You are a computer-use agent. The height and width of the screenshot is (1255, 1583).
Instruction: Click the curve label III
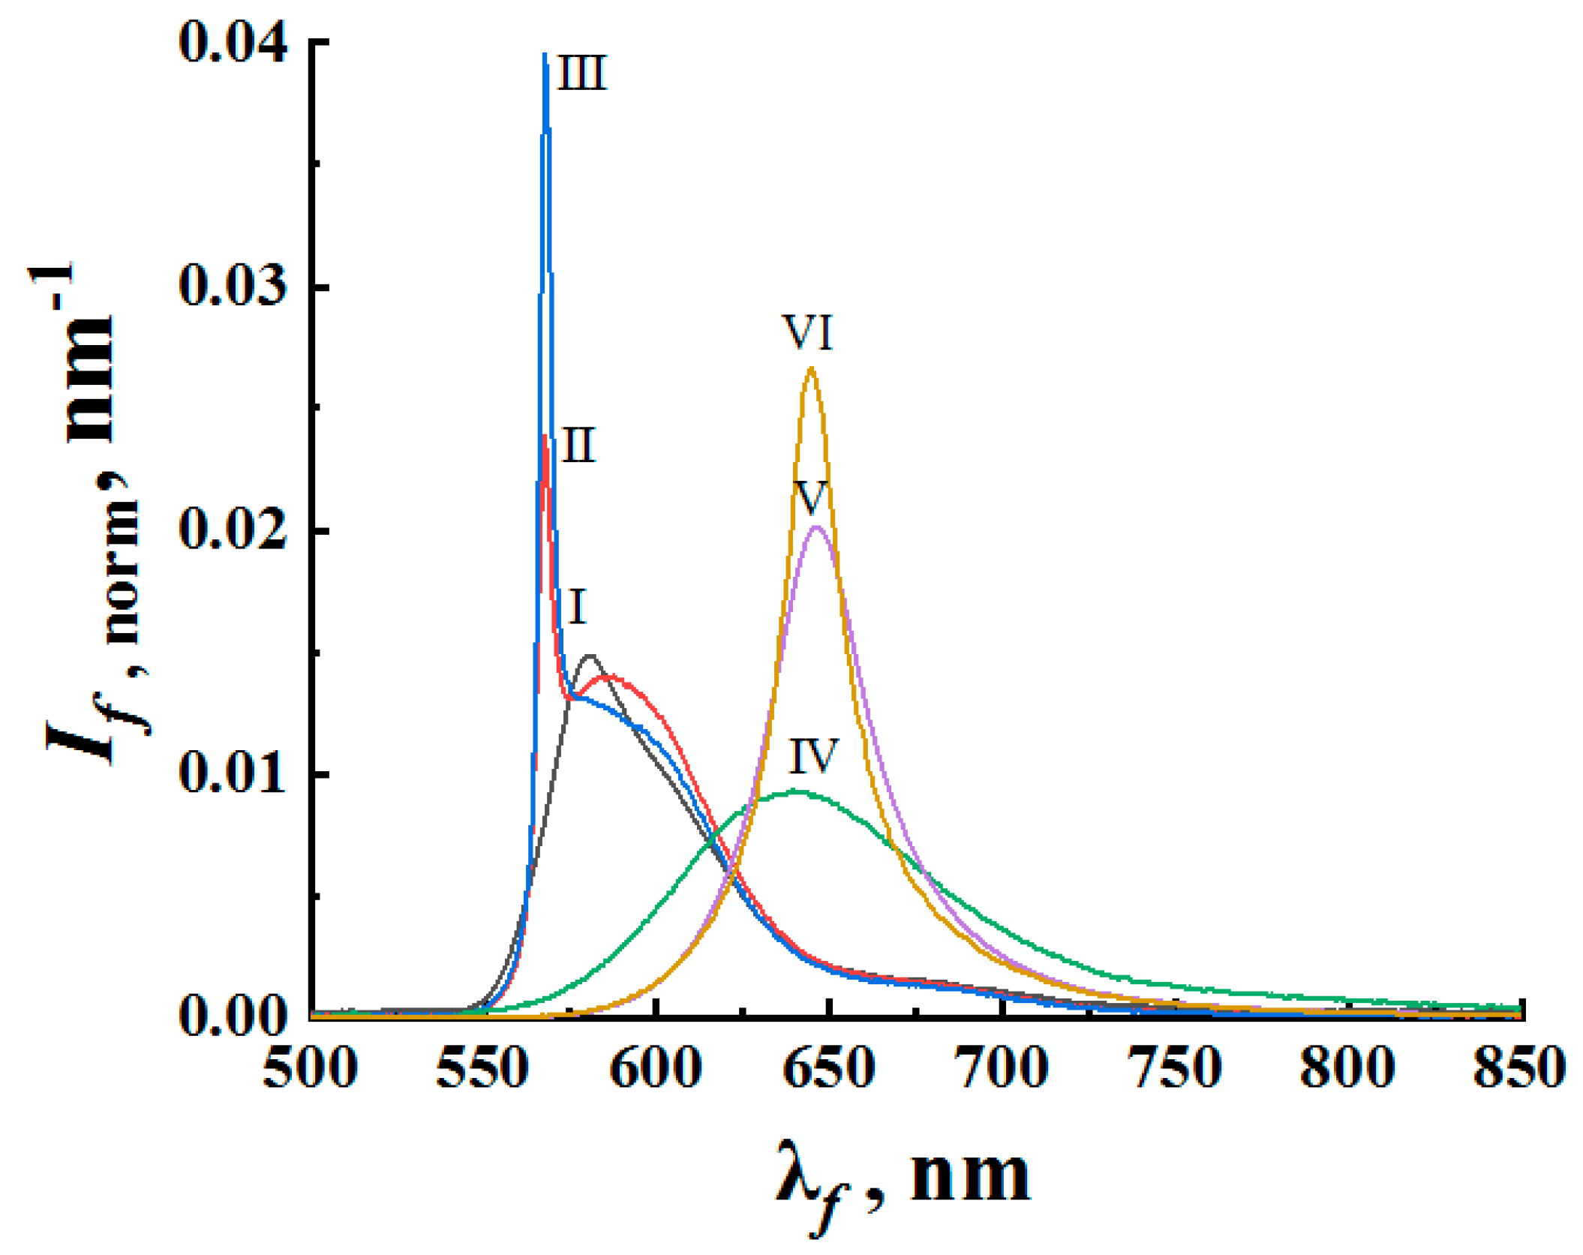(x=581, y=74)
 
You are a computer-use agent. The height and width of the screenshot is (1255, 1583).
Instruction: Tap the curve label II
(x=578, y=446)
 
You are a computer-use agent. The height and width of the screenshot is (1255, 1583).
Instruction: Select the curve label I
(x=576, y=607)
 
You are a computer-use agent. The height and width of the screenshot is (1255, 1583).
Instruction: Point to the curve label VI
(x=808, y=332)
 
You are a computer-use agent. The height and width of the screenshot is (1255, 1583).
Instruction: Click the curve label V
(x=811, y=497)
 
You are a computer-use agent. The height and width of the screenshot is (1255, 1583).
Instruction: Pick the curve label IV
(x=813, y=756)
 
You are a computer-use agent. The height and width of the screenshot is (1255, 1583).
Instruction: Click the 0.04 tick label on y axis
(x=233, y=45)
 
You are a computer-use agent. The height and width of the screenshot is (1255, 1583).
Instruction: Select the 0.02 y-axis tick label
(x=233, y=530)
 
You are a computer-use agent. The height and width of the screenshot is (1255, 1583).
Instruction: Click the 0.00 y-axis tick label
(x=233, y=1018)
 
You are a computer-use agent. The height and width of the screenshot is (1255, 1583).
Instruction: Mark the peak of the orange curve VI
(x=811, y=368)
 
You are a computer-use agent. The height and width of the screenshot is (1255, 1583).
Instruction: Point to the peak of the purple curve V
(x=818, y=527)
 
